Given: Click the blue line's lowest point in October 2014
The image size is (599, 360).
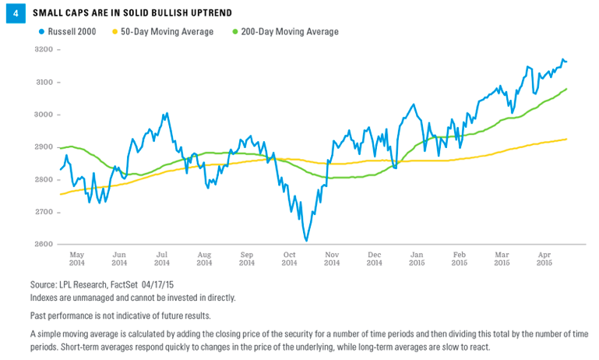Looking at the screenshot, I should (306, 241).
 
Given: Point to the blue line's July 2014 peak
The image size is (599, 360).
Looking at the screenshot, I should (166, 113).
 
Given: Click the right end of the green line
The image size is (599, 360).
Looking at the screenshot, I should (566, 89).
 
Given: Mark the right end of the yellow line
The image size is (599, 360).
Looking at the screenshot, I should (566, 139).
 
